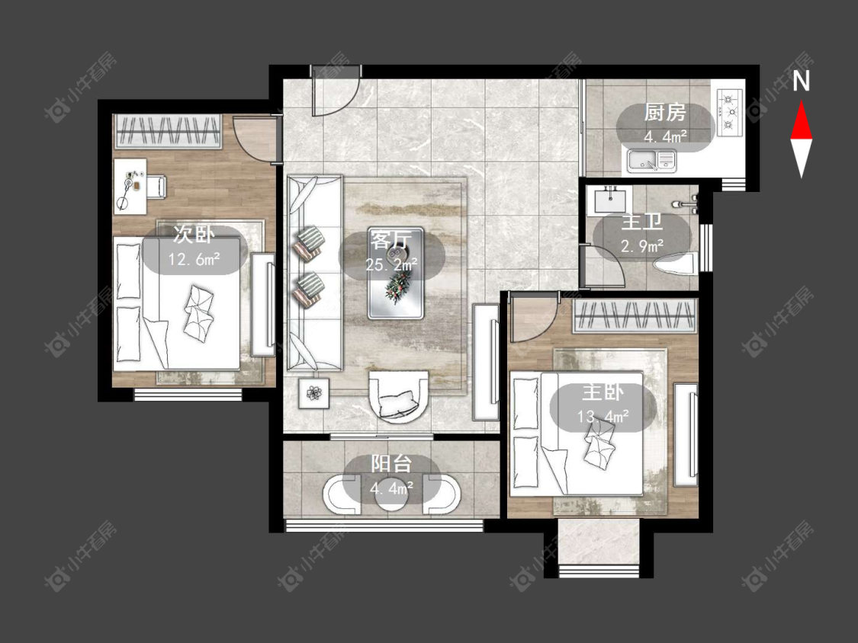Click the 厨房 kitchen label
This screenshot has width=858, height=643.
click(664, 113)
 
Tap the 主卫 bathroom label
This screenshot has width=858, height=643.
click(642, 222)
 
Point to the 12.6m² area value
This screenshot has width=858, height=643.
click(194, 258)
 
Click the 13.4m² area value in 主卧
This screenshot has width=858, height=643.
click(603, 417)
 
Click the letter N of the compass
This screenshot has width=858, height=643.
click(801, 82)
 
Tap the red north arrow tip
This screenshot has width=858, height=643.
click(802, 101)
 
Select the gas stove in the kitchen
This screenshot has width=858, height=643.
click(728, 113)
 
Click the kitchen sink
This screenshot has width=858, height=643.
click(651, 160)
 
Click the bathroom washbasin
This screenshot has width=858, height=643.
click(609, 200)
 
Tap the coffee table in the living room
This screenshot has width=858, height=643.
click(395, 273)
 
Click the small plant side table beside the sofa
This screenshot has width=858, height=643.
click(314, 393)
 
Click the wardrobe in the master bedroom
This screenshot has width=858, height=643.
click(635, 316)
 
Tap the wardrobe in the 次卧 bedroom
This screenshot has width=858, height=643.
click(168, 131)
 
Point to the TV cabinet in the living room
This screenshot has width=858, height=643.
click(486, 362)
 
